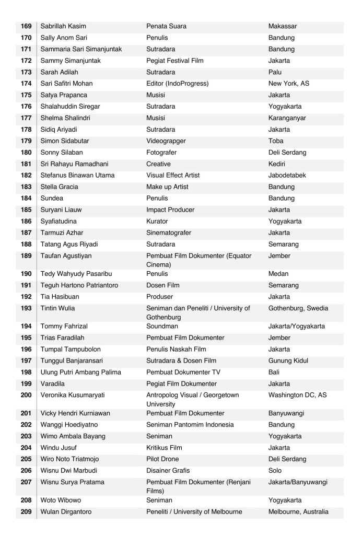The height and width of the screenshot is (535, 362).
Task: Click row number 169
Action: coord(26,26)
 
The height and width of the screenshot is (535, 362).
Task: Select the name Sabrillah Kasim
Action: coord(63,26)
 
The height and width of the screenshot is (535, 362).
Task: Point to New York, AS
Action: coord(290,84)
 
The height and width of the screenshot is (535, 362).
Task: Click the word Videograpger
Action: coord(166,141)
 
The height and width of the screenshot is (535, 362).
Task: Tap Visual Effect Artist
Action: coord(173,176)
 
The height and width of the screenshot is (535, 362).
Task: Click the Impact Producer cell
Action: coord(170,210)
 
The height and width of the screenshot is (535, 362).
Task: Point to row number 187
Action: coord(26,233)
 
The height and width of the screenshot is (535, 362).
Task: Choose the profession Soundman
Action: coord(163,327)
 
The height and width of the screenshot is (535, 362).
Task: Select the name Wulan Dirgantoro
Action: coord(66,512)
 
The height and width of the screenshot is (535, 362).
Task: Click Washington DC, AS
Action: coord(297,396)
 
